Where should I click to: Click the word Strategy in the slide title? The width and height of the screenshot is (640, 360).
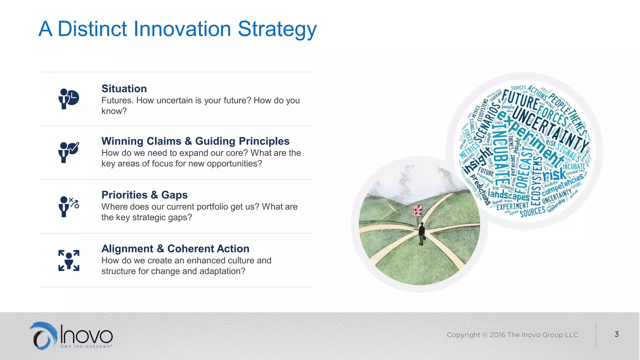(x=277, y=29)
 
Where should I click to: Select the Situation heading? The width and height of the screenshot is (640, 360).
(x=124, y=89)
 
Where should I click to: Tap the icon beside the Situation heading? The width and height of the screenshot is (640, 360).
(x=69, y=99)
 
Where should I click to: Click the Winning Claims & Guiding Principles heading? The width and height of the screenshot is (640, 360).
(x=195, y=141)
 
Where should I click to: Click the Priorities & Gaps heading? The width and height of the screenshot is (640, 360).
(x=144, y=195)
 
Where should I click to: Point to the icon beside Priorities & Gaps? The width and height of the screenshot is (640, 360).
(x=69, y=206)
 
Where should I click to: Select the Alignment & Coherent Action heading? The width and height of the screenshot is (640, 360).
(x=175, y=249)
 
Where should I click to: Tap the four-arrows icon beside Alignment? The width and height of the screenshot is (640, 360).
(x=69, y=260)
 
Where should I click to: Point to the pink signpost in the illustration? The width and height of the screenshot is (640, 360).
(x=417, y=211)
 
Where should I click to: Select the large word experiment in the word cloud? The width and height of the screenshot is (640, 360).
(x=531, y=139)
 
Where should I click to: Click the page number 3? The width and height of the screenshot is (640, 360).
(x=616, y=334)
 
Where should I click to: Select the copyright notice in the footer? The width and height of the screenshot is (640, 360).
(x=512, y=335)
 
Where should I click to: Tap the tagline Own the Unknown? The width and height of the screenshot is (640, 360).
(x=86, y=346)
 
